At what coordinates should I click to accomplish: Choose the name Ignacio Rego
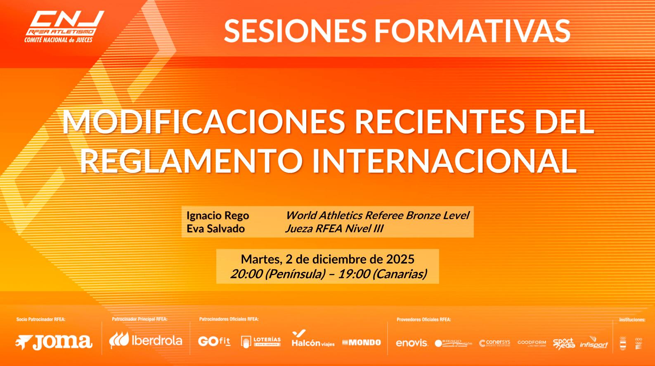(218, 215)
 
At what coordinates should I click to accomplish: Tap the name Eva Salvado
(215, 228)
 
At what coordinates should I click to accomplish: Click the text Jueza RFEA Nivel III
(334, 228)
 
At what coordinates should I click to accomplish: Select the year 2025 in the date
(400, 259)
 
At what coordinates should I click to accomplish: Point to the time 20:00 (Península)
(278, 273)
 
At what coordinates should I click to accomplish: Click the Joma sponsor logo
(54, 342)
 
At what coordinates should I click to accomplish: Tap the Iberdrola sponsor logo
(146, 340)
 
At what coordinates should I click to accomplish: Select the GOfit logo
(214, 342)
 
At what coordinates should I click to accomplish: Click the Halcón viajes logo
(312, 339)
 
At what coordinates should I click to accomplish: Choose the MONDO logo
(362, 342)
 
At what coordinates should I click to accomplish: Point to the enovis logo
(412, 343)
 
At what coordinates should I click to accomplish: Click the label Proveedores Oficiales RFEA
(423, 319)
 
